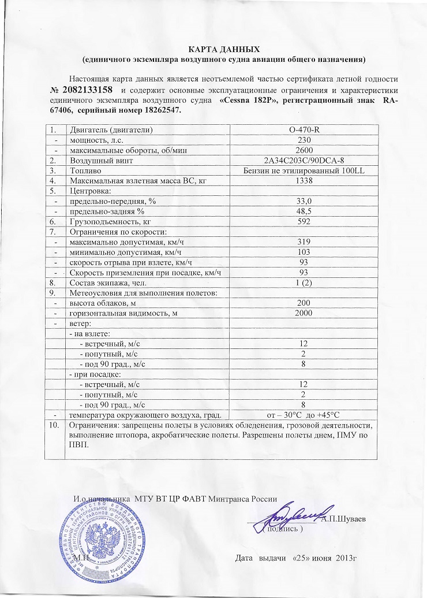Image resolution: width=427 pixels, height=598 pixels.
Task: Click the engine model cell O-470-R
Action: coord(302,129)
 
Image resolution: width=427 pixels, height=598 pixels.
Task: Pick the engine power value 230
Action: coord(302,140)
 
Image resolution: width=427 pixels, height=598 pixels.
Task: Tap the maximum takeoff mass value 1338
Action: coord(302,181)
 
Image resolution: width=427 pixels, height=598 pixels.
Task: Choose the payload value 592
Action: coord(302,221)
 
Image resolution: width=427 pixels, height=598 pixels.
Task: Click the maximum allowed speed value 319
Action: coord(302,242)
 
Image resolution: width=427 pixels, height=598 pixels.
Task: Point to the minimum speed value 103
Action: coord(302,252)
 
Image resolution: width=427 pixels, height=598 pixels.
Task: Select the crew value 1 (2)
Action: coord(302,283)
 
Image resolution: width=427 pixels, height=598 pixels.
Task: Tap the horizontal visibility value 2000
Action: coord(302,313)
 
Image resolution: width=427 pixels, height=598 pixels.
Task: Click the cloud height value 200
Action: coord(302,303)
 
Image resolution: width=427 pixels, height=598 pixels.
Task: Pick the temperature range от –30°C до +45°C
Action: coord(302,414)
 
